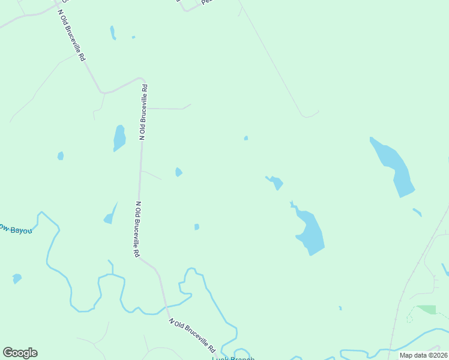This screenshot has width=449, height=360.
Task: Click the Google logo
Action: tap(20, 353)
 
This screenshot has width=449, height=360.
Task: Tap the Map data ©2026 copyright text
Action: tap(423, 355)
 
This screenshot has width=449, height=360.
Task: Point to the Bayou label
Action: tap(14, 230)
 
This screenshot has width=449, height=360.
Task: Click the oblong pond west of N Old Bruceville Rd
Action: tap(119, 138)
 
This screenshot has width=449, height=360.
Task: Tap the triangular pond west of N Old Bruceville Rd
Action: tap(109, 215)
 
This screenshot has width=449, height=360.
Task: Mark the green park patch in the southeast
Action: tap(427, 309)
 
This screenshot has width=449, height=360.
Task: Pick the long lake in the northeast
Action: tap(394, 167)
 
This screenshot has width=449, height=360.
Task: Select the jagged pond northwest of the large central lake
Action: tap(276, 182)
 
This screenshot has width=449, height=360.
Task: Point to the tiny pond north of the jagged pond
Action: tap(246, 138)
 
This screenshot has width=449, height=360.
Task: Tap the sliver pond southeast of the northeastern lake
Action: tap(417, 212)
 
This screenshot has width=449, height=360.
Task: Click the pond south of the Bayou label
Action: tap(17, 278)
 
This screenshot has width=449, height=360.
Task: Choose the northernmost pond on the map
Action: tap(112, 32)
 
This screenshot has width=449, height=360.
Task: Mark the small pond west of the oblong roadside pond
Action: tap(61, 156)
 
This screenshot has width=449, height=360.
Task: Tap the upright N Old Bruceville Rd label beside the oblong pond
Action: tap(143, 112)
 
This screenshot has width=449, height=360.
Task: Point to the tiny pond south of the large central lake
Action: tap(340, 308)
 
